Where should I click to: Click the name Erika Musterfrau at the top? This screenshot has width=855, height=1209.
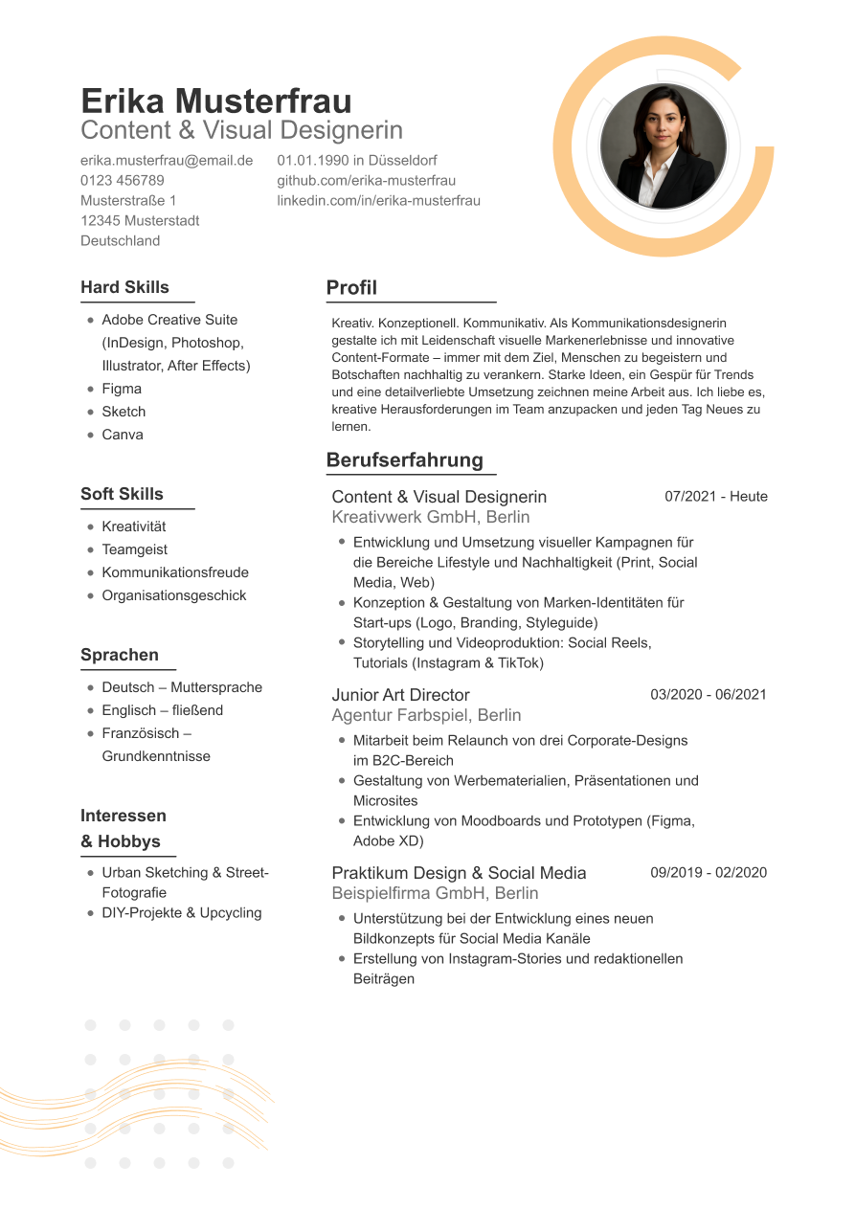click(216, 101)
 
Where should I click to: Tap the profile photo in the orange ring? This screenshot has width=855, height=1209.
click(664, 146)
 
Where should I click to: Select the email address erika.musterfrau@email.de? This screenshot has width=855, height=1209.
click(167, 160)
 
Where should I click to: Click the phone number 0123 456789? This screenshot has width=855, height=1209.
click(123, 180)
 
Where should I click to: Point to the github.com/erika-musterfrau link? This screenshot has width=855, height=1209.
click(367, 180)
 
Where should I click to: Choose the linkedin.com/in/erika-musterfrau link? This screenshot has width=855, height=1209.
click(379, 200)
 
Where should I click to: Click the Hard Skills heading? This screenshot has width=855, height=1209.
click(124, 287)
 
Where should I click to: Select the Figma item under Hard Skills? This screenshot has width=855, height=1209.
click(122, 389)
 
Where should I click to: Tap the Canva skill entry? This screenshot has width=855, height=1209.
click(123, 435)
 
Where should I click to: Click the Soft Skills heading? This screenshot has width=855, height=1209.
click(122, 494)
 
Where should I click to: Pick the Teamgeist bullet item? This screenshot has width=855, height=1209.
click(134, 549)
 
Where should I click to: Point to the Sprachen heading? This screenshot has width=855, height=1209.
click(120, 655)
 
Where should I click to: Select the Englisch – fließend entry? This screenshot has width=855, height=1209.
click(162, 710)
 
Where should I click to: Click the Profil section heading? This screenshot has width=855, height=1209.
click(351, 287)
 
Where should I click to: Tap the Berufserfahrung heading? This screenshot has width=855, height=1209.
click(405, 459)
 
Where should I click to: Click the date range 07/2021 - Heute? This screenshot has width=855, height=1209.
click(716, 496)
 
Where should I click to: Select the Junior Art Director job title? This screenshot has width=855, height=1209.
click(400, 695)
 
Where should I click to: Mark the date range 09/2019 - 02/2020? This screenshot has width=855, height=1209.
click(709, 872)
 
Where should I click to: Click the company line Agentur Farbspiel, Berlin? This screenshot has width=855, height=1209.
click(426, 715)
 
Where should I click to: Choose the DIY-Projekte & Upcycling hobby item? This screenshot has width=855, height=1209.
click(182, 912)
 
